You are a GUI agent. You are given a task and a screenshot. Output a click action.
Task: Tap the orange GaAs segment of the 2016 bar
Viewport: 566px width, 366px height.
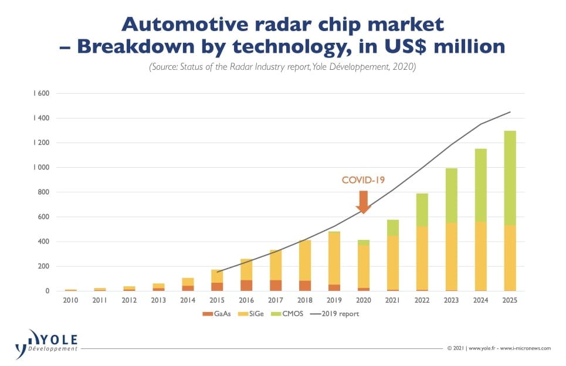pos(246,285)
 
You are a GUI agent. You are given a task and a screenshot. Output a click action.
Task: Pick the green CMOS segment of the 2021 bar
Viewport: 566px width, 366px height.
pos(393,228)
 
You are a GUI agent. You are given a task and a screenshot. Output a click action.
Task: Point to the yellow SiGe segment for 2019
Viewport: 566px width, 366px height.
pos(334,258)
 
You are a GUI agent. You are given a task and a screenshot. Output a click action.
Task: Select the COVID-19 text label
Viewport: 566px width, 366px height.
pos(364,180)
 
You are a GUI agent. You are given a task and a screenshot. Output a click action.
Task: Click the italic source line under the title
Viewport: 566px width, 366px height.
pos(282,67)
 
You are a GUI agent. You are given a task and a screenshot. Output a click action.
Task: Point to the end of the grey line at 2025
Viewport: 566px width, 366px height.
pos(510,112)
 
